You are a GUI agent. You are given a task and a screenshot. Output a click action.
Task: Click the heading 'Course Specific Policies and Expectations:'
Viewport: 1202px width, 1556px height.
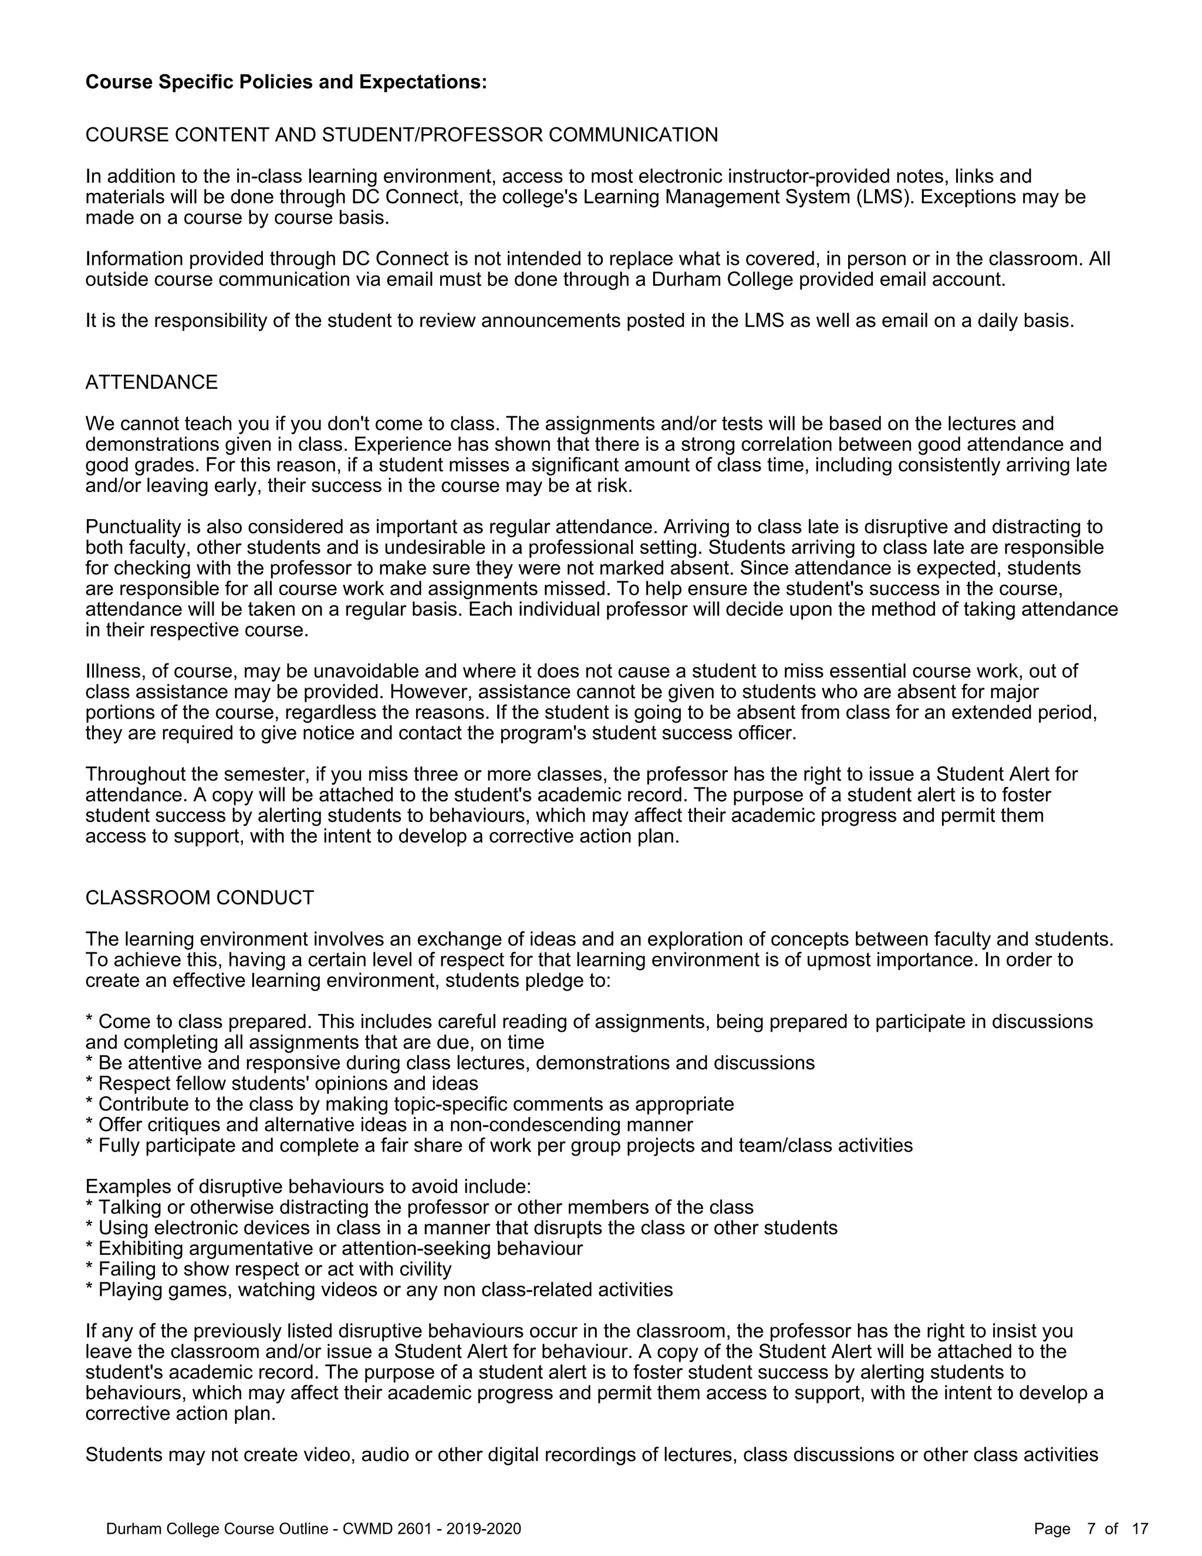pyautogui.click(x=286, y=82)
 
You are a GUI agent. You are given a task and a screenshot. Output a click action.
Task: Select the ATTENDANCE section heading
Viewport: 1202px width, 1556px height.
pyautogui.click(x=151, y=383)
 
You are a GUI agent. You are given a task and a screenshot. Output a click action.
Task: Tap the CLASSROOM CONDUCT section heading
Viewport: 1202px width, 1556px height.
pyautogui.click(x=200, y=898)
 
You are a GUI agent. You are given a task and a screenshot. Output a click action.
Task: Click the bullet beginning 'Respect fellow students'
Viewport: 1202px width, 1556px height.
pyautogui.click(x=281, y=1084)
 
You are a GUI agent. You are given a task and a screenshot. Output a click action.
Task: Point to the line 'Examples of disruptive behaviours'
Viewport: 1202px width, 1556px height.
pyautogui.click(x=308, y=1187)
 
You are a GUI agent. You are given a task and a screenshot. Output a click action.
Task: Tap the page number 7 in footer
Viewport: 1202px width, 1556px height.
pyautogui.click(x=1091, y=1529)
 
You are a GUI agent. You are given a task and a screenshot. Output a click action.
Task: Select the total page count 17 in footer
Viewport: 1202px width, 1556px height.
pyautogui.click(x=1140, y=1529)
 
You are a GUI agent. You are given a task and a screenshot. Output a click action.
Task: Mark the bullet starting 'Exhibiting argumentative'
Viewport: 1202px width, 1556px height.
pyautogui.click(x=333, y=1248)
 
